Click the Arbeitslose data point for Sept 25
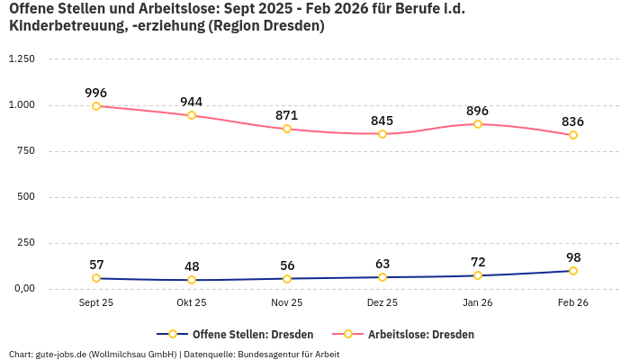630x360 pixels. [96, 106]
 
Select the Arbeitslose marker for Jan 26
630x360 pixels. [478, 124]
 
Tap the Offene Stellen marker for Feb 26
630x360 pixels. [573, 271]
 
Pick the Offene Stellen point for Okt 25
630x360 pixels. [192, 280]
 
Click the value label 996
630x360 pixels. [96, 93]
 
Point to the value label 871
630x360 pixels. [287, 115]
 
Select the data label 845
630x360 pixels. [382, 121]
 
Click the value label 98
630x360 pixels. [573, 257]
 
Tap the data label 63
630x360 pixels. [382, 264]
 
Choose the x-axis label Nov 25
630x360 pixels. [287, 303]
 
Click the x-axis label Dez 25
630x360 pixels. [382, 303]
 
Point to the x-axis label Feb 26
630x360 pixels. [573, 303]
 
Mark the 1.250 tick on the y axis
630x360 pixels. [21, 59]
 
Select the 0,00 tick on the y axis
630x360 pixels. [22, 289]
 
